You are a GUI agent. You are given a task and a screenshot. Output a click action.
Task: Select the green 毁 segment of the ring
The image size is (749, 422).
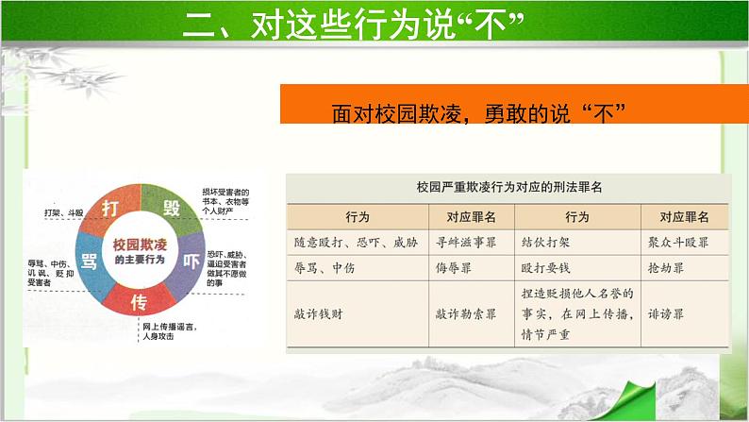point(172,207)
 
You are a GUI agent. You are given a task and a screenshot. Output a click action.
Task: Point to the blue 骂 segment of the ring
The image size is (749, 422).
point(92,261)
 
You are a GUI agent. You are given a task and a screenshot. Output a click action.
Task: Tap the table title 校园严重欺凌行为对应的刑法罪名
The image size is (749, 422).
point(508,187)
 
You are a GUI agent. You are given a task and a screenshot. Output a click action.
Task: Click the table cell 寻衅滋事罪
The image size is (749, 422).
point(459,242)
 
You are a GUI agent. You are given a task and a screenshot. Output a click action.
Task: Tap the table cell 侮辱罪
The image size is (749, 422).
point(453,268)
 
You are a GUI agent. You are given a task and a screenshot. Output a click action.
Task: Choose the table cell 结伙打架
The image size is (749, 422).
point(546,242)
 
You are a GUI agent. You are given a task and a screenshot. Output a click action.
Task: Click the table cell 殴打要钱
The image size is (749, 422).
point(546,268)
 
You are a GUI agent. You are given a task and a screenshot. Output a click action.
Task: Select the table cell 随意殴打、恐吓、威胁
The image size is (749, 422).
point(350,242)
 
